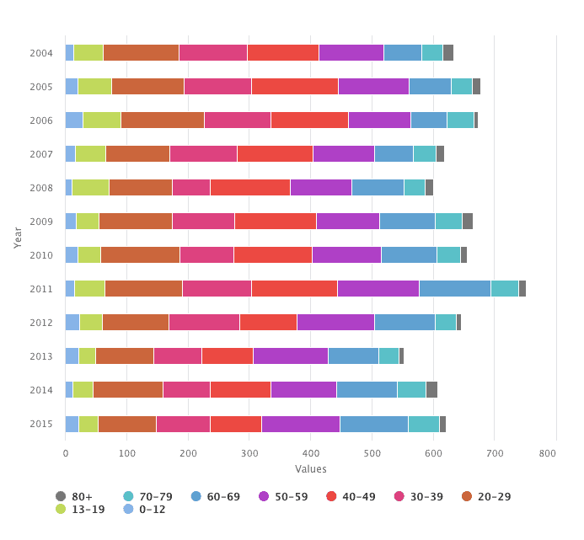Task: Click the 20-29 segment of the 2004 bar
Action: point(141,53)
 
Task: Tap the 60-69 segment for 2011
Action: point(454,289)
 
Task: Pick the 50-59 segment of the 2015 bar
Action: point(300,424)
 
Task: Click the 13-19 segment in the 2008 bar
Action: point(90,188)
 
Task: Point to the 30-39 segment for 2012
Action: point(204,323)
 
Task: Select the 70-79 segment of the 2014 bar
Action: point(411,390)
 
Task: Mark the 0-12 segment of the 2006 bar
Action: point(74,120)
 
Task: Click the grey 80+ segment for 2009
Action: point(468,222)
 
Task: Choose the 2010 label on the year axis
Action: point(41,255)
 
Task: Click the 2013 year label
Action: point(41,356)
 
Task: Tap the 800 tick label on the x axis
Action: point(547,453)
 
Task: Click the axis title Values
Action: point(311,469)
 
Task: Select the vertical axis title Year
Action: point(18,238)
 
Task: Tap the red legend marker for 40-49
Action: point(330,497)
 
